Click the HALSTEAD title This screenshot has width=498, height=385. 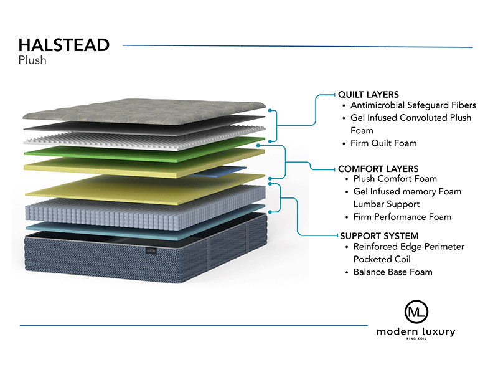(64, 45)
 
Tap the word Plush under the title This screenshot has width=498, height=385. (32, 60)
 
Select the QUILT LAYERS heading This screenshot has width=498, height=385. (368, 95)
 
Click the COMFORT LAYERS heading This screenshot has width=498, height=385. (378, 168)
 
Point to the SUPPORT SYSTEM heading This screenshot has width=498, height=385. (379, 236)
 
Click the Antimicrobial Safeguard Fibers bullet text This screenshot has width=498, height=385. (413, 105)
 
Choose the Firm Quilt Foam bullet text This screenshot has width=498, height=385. (383, 143)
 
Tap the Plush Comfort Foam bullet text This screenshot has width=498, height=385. (395, 179)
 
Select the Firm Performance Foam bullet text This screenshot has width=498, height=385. (402, 217)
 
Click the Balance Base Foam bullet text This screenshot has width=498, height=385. (393, 272)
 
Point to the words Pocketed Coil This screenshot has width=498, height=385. (382, 259)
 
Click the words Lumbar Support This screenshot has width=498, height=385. (387, 204)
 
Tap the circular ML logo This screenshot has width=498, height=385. (416, 312)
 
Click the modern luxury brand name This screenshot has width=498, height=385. (416, 332)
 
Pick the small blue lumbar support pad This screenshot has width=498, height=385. (219, 171)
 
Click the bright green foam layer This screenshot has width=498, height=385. (144, 150)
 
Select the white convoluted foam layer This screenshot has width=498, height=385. (144, 138)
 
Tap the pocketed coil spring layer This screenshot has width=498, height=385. (145, 207)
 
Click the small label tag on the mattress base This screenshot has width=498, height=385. (151, 250)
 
